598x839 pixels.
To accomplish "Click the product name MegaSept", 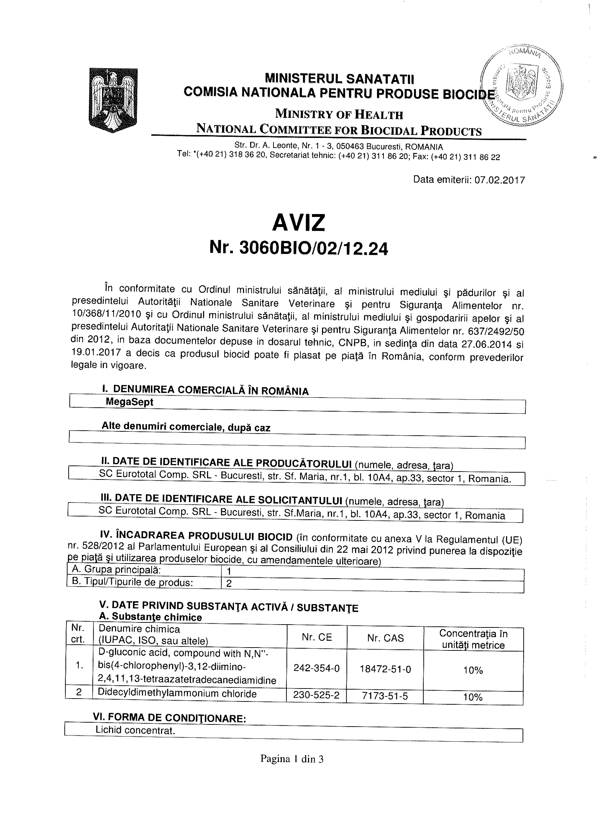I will pyautogui.click(x=129, y=402).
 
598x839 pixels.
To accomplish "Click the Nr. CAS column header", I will pyautogui.click(x=385, y=638).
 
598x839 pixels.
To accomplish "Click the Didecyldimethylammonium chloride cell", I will pyautogui.click(x=177, y=694).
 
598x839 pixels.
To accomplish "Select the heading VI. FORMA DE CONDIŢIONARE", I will pyautogui.click(x=169, y=718).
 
